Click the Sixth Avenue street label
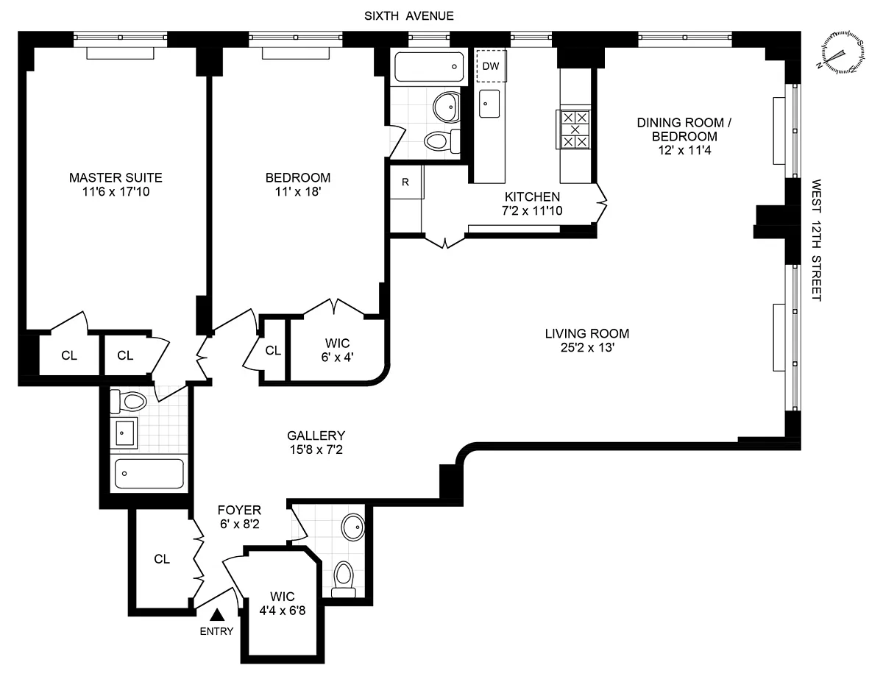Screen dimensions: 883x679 click(409, 16)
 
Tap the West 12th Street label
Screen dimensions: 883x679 click(816, 240)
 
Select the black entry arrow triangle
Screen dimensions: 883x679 click(217, 614)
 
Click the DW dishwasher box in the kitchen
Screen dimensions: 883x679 click(491, 65)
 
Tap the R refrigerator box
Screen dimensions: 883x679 click(406, 182)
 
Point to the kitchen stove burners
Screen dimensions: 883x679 click(575, 129)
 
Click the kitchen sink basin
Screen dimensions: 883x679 click(489, 104)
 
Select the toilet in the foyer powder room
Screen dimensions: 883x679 click(344, 580)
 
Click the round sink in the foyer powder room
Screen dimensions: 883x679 click(353, 527)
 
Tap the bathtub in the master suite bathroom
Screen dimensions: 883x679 click(149, 474)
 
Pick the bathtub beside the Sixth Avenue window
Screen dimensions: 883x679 click(429, 67)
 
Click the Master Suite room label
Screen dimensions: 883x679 click(116, 177)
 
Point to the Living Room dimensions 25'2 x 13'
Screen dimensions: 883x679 click(587, 348)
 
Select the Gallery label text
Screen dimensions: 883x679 click(316, 436)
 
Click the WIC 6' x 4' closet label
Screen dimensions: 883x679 click(337, 350)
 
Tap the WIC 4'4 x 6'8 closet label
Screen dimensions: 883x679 click(283, 603)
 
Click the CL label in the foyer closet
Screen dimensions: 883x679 click(162, 559)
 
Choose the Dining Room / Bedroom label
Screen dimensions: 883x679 click(684, 129)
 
